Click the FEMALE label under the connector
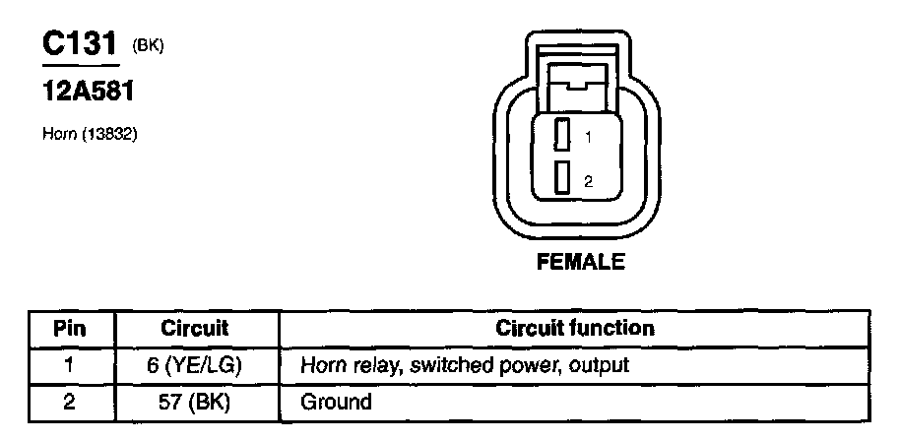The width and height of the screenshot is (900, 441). point(580,263)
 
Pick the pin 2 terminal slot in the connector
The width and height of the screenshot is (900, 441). point(562,178)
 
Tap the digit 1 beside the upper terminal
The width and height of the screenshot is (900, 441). point(588,139)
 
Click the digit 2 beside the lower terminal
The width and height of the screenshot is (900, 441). point(588,181)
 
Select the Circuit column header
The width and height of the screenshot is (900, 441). point(195,327)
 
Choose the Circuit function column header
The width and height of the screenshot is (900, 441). point(575,327)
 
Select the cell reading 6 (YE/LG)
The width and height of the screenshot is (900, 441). point(195,365)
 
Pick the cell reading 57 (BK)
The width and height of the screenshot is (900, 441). point(195,402)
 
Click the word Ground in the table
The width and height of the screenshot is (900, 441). point(337,402)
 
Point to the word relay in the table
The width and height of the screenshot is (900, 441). point(369,365)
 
